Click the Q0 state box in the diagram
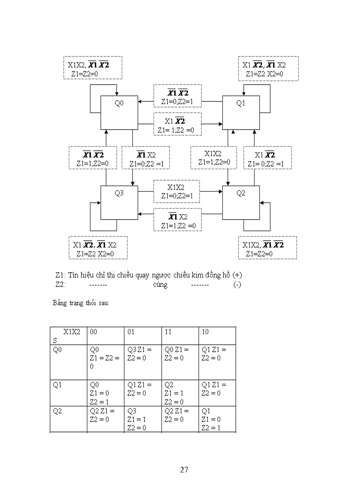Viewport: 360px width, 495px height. [119, 112]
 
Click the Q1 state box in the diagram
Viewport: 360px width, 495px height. [240, 112]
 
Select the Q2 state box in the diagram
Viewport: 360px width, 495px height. [240, 202]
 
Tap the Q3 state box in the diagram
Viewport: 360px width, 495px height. [119, 202]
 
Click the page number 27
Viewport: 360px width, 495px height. [184, 469]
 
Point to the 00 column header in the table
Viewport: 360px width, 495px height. [94, 331]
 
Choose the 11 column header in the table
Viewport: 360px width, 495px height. [168, 331]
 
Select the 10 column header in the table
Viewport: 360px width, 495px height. [205, 331]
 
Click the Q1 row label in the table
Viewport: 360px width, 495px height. [57, 385]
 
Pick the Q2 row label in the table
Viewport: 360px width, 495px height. [57, 411]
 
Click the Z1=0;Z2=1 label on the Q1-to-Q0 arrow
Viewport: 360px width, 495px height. [177, 102]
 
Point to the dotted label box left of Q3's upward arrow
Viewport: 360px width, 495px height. [93, 159]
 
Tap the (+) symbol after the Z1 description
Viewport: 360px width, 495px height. [237, 275]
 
